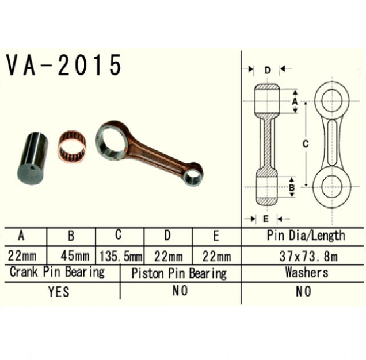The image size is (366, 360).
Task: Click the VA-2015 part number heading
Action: click(x=64, y=66)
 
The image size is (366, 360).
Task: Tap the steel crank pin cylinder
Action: click(x=31, y=158)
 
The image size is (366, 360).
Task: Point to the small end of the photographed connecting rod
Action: click(x=193, y=174)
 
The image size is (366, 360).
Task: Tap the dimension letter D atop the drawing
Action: click(x=267, y=70)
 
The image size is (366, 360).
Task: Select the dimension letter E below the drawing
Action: click(x=266, y=218)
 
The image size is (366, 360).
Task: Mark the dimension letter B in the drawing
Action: click(x=291, y=187)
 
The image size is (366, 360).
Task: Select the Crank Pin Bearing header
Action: click(x=57, y=272)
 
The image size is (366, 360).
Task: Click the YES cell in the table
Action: click(x=58, y=291)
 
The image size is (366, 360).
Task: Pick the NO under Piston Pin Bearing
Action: click(x=180, y=291)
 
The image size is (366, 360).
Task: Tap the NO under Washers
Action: click(x=303, y=291)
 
